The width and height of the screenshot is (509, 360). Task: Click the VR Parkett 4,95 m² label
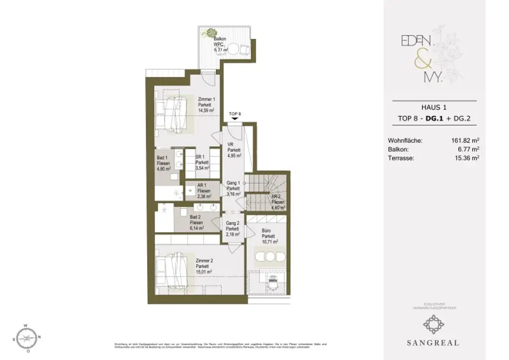234,150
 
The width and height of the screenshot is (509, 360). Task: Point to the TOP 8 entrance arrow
235,118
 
